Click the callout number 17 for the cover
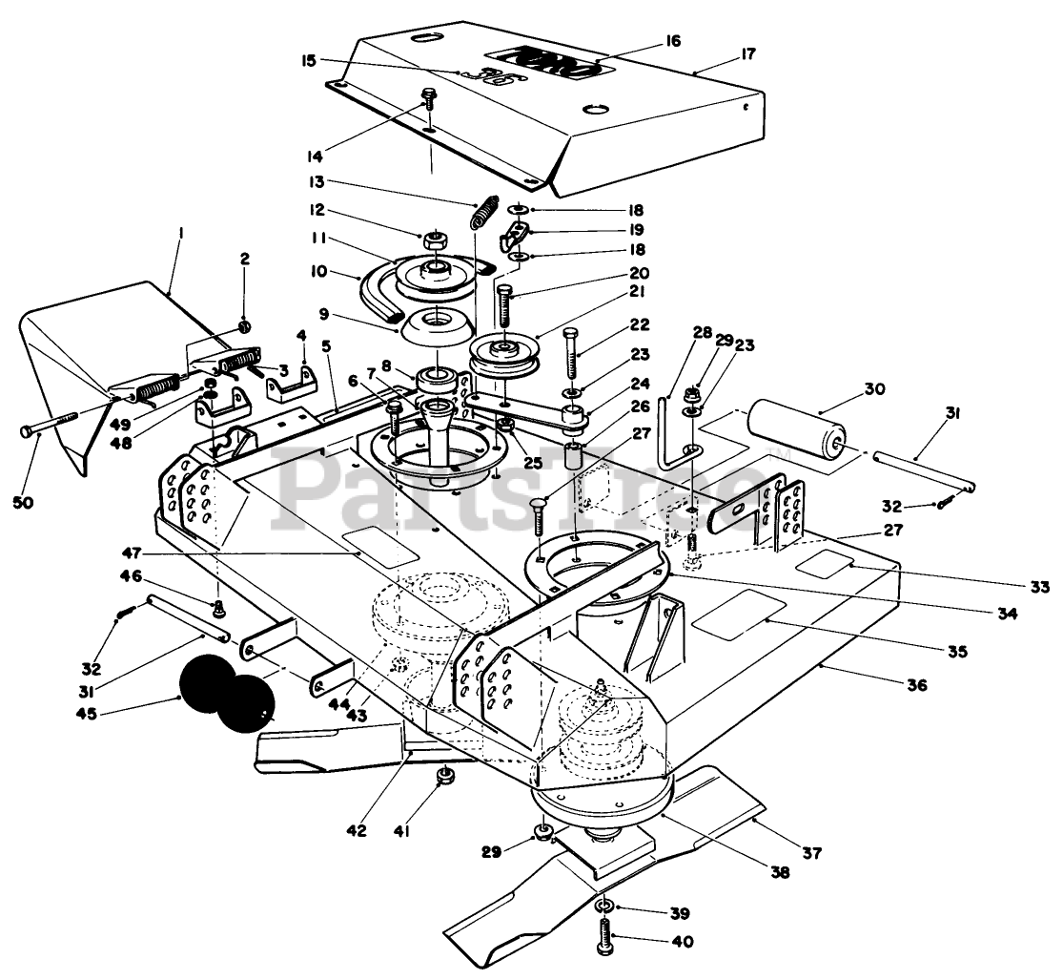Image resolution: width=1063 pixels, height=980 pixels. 747,53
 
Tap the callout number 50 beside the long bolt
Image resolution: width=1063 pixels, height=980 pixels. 23,502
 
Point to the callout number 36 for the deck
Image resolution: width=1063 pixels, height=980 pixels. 916,685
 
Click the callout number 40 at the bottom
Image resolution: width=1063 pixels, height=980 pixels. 683,942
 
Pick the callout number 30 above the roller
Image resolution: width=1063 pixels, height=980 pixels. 874,389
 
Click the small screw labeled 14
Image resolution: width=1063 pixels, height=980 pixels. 427,99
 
